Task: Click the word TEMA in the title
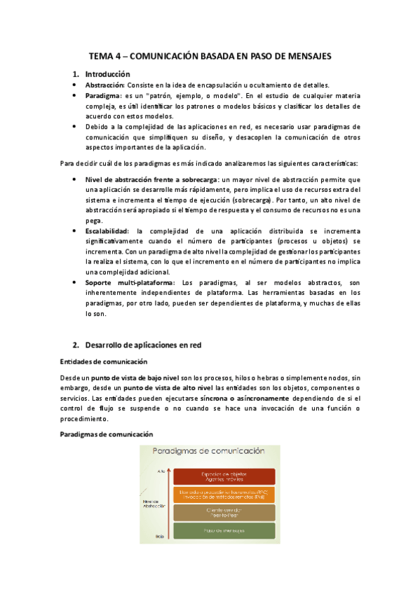tap(101, 55)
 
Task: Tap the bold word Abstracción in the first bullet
tap(104, 84)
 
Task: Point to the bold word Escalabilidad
tap(110, 230)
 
